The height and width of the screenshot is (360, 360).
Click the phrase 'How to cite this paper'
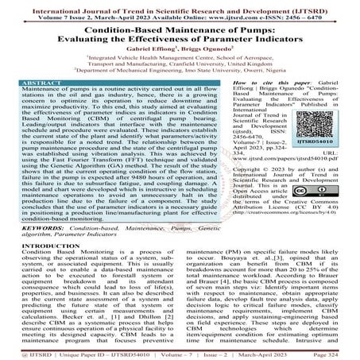[282, 81]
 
